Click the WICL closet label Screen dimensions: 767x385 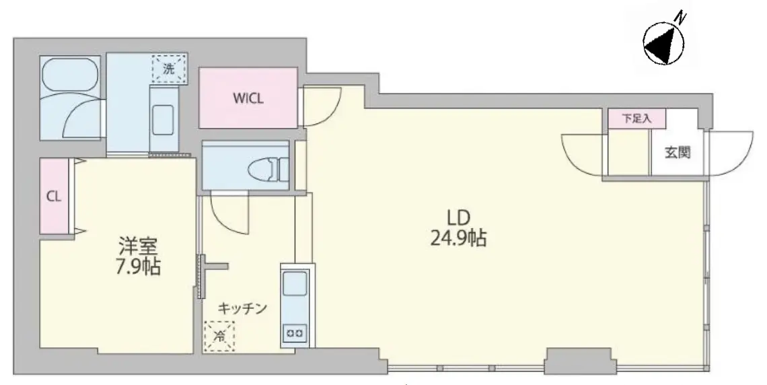click(x=248, y=98)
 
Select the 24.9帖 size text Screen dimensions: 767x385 click(x=458, y=239)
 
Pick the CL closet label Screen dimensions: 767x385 click(x=53, y=197)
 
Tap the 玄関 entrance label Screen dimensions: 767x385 click(x=678, y=153)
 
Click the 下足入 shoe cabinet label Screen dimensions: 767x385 click(x=637, y=118)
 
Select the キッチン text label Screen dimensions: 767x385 click(x=242, y=308)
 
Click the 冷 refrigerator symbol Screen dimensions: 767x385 click(x=219, y=336)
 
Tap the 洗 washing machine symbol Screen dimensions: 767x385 click(x=169, y=69)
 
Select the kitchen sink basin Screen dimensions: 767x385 click(x=295, y=284)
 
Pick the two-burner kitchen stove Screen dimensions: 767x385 click(x=295, y=334)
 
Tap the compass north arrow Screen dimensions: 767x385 click(x=663, y=44)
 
